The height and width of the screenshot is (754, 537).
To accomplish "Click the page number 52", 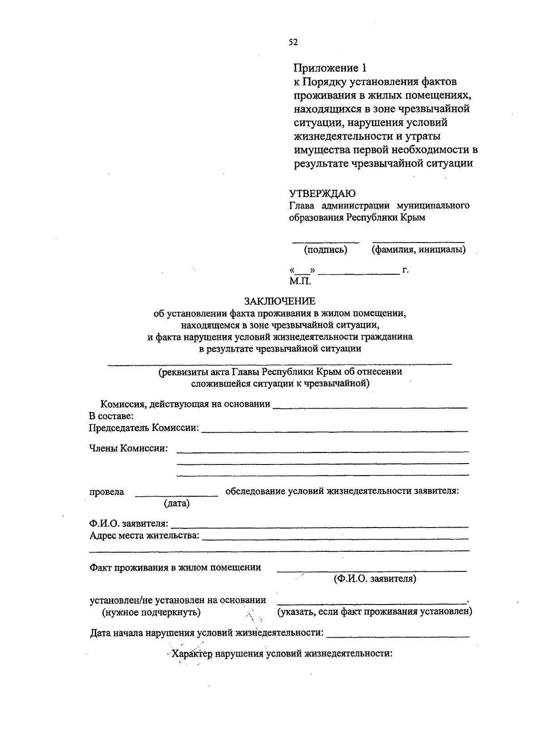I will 293,43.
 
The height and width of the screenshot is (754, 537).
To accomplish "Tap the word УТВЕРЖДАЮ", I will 322,194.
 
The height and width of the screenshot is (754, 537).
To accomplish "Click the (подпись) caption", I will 326,250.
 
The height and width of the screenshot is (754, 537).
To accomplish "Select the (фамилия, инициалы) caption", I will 418,250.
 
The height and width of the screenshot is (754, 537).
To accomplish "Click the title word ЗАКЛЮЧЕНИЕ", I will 280,301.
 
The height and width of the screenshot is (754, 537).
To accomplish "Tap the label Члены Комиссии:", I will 128,448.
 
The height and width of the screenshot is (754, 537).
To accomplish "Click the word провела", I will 107,492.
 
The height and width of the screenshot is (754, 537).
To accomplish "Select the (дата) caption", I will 177,503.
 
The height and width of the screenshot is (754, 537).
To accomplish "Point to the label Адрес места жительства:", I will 144,535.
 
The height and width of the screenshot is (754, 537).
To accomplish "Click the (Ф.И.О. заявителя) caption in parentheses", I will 375,579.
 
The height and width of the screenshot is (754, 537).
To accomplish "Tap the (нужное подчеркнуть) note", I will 151,612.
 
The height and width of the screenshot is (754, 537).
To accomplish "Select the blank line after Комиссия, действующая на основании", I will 370,407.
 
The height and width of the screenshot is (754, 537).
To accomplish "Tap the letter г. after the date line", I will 405,270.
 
